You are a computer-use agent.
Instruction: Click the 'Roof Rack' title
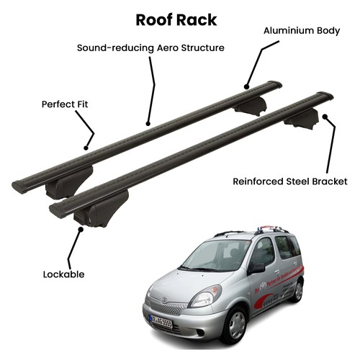pos(176,20)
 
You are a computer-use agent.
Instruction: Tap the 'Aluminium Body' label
pos(302,31)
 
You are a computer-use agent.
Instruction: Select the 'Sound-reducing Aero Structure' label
pos(150,48)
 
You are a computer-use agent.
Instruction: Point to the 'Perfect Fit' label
pos(65,104)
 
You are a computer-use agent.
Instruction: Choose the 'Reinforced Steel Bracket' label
pos(290,181)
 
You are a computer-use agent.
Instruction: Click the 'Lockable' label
pos(63,274)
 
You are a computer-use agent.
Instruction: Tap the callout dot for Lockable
pos(81,229)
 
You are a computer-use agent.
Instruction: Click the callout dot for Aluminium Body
pos(246,86)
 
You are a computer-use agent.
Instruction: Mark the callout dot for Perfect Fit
pos(86,148)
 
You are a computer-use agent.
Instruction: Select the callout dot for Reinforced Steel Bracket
pos(325,117)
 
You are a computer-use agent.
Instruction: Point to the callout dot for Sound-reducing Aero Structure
pos(148,124)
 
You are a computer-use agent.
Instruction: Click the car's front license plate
pos(161,322)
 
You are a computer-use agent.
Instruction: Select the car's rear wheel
pos(297,291)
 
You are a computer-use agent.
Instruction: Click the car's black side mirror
pos(257,269)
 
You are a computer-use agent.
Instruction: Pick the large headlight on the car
pos(205,297)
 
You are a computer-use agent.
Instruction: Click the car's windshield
pos(216,254)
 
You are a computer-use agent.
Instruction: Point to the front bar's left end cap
pos(55,210)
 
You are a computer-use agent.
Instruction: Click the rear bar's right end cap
pos(275,84)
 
